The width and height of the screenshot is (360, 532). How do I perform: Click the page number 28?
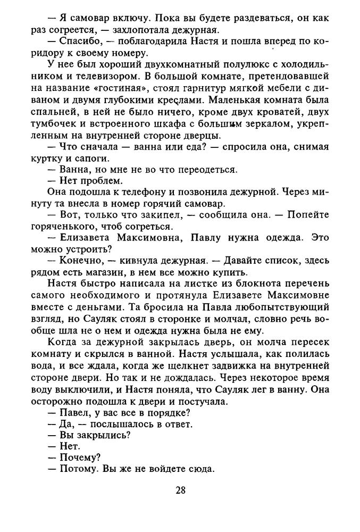pyautogui.click(x=180, y=490)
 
